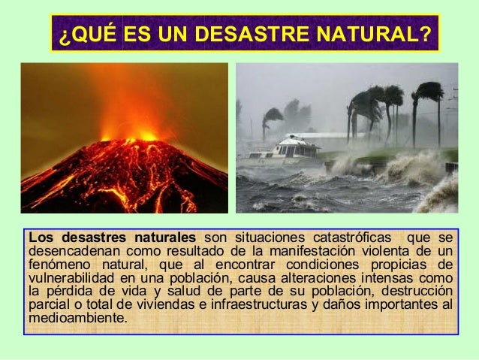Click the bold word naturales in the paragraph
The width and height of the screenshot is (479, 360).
[160, 238]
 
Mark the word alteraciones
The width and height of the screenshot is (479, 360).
[315, 279]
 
